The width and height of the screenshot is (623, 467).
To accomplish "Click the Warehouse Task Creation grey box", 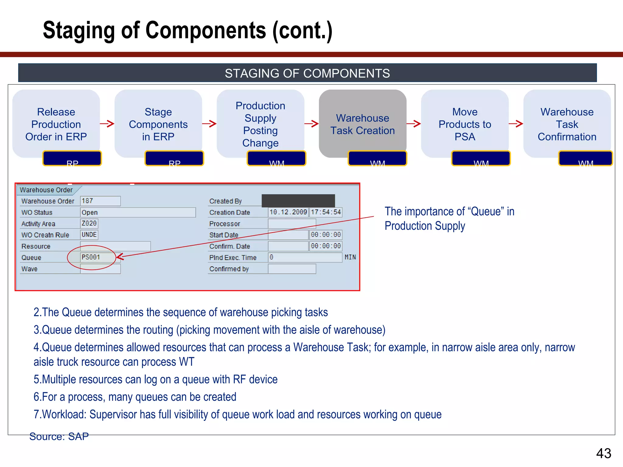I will coord(362,124).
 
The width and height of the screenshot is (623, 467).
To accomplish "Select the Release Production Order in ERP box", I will coord(56,124).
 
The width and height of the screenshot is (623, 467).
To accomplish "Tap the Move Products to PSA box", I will coord(465,124).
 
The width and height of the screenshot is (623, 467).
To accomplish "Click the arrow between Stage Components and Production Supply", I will coord(209,123).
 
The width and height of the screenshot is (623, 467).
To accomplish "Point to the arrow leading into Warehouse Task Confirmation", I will coord(516,123).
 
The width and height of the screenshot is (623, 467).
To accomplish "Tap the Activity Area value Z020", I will coord(89,223).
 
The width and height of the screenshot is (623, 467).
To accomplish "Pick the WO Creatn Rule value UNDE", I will coord(89,235).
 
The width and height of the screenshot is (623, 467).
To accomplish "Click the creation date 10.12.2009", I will coord(288,212).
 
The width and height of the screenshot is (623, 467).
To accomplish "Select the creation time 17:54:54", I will coord(326,212).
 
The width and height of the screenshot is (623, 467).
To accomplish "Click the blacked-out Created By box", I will coord(298,201).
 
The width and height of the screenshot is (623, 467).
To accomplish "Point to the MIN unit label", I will coord(350,257).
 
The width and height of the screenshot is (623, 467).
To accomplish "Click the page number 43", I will coord(604,453).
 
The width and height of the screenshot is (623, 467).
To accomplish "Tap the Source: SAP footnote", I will coord(59,436).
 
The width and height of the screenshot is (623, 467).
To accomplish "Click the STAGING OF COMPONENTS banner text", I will coord(307,73).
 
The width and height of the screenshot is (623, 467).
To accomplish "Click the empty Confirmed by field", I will coord(292,269).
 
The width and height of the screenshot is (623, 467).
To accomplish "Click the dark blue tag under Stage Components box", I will coord(174,158).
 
